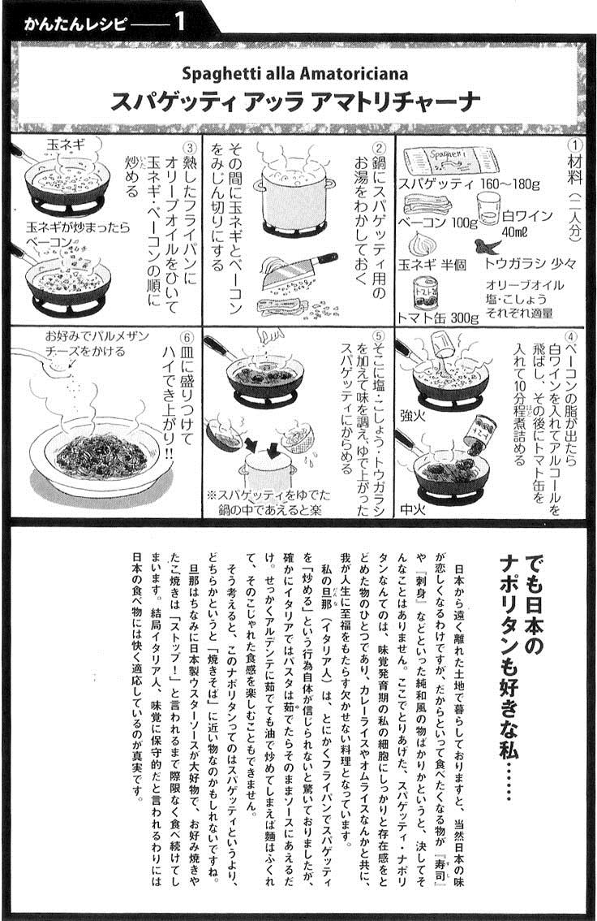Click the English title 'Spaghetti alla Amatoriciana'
click(295, 74)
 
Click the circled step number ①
click(575, 145)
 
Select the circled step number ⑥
click(187, 338)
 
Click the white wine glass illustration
click(489, 209)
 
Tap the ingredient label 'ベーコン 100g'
click(438, 223)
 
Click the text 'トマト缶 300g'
click(438, 318)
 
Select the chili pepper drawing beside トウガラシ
click(489, 245)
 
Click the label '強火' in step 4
click(413, 416)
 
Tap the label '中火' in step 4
click(413, 508)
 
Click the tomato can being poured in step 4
click(481, 433)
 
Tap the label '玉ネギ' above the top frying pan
click(66, 144)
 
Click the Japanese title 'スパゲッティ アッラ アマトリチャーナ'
click(295, 102)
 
